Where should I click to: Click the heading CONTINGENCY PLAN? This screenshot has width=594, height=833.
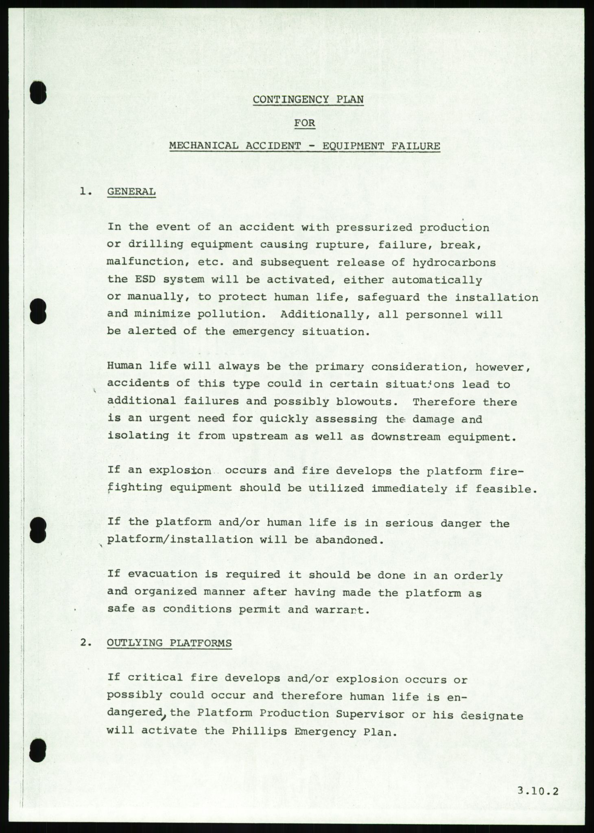[308, 100]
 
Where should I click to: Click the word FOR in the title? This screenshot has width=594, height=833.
[305, 122]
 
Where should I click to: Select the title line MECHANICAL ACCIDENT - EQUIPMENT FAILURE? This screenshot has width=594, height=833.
[305, 146]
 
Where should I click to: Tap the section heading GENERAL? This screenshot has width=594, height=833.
[131, 192]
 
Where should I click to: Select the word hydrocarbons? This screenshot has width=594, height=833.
[454, 262]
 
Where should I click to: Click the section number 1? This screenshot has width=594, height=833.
[84, 192]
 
